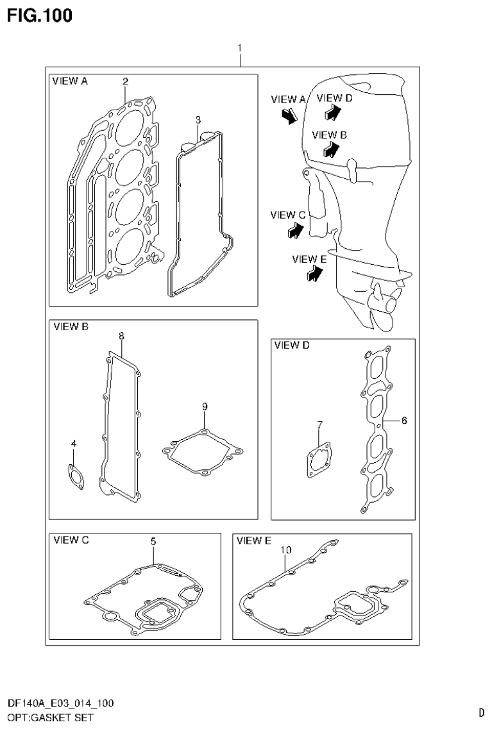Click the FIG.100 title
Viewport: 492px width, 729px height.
pos(40,15)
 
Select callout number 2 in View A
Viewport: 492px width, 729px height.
pos(125,81)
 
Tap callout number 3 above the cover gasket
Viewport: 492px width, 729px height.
pos(198,120)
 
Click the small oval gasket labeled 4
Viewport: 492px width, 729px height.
pos(75,478)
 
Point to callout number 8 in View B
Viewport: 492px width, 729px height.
pos(121,336)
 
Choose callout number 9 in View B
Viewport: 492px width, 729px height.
pos(204,406)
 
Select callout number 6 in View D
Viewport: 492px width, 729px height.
pos(404,421)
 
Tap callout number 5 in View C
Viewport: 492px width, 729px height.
pos(153,542)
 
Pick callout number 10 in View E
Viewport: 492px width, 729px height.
pos(286,549)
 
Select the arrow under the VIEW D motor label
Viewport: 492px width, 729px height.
pos(332,113)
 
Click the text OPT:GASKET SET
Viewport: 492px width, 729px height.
pos(50,717)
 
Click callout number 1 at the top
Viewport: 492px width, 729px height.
pos(239,48)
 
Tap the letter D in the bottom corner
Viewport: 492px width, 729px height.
pos(481,712)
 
